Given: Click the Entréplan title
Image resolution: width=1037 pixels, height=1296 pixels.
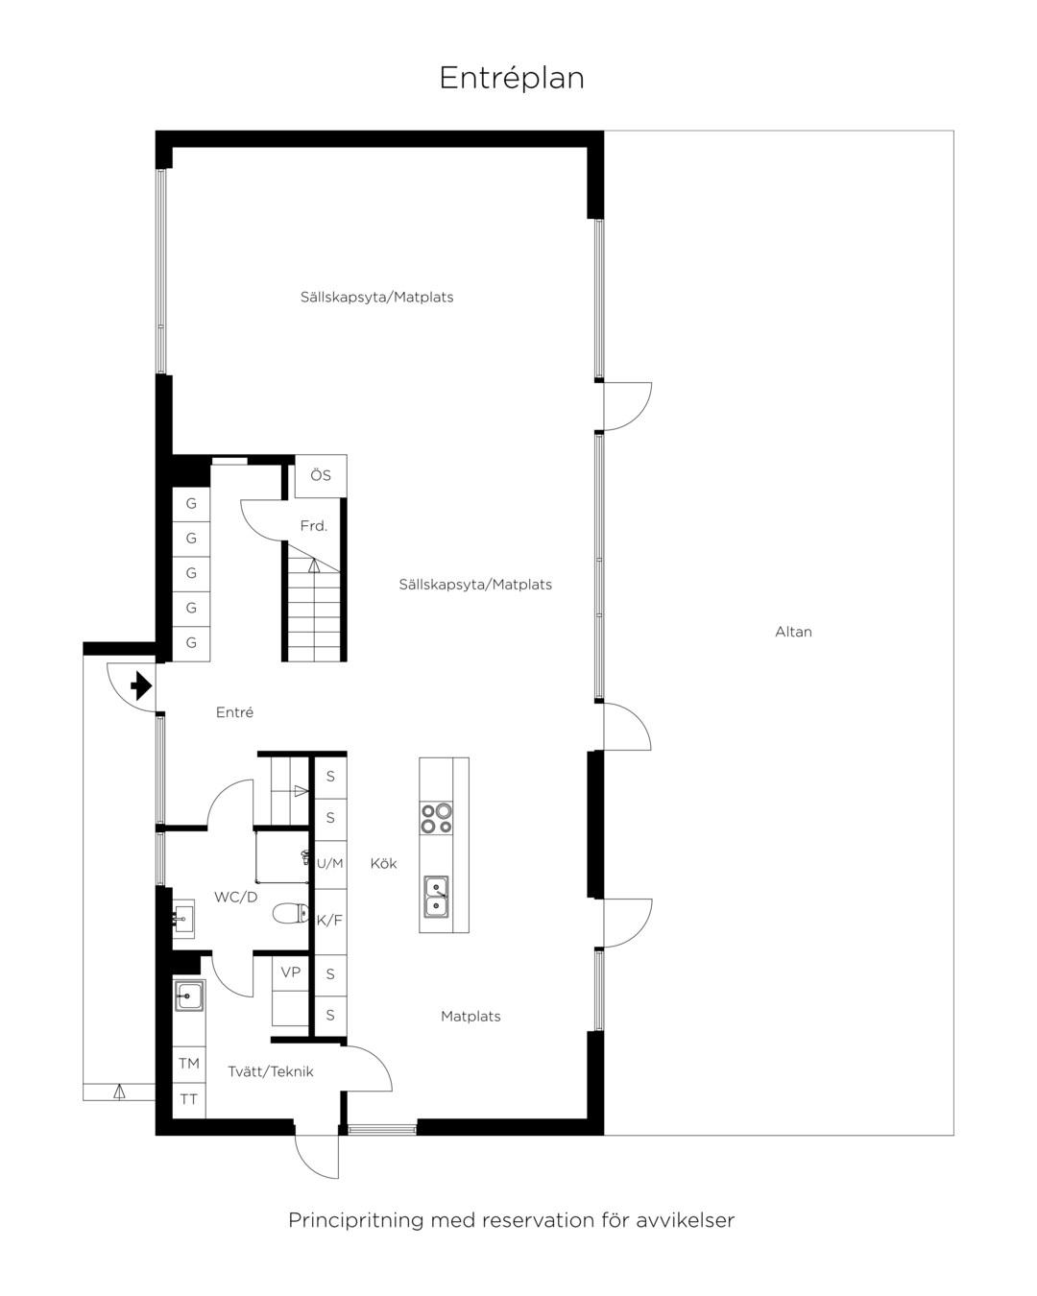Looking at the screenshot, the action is click(x=512, y=79).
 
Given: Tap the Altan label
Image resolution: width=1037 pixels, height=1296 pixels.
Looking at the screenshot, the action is click(x=793, y=632).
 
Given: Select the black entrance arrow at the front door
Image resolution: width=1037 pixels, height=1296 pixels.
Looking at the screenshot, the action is click(x=141, y=686).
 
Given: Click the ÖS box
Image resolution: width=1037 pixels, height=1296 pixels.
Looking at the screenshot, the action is click(x=321, y=476).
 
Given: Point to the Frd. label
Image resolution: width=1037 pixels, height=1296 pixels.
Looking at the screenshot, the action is click(x=313, y=526).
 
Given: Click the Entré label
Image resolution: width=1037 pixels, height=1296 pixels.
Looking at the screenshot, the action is click(x=234, y=712).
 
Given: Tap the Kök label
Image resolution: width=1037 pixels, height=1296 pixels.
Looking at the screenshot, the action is click(x=383, y=864).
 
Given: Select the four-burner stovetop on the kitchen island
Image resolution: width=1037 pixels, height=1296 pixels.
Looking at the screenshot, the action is click(x=436, y=819).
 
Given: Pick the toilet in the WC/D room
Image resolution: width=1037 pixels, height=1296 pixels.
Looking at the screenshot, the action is click(x=291, y=914).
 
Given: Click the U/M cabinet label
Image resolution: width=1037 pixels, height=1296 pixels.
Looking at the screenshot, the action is click(x=330, y=864).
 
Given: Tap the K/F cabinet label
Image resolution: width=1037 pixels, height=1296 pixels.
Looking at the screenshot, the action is click(x=329, y=921).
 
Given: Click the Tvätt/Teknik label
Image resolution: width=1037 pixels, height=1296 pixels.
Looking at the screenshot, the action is click(x=271, y=1072).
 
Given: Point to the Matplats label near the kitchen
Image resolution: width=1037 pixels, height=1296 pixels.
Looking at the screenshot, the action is click(x=470, y=1017).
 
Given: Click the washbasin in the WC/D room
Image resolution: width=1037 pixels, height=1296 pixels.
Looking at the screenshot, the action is click(x=183, y=920).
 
